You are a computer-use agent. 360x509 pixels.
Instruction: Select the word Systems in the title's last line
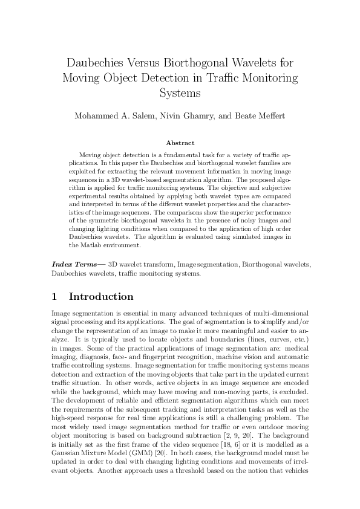click(180, 94)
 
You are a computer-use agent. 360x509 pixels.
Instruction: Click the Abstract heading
click(180, 143)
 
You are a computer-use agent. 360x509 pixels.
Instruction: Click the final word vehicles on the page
click(295, 468)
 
